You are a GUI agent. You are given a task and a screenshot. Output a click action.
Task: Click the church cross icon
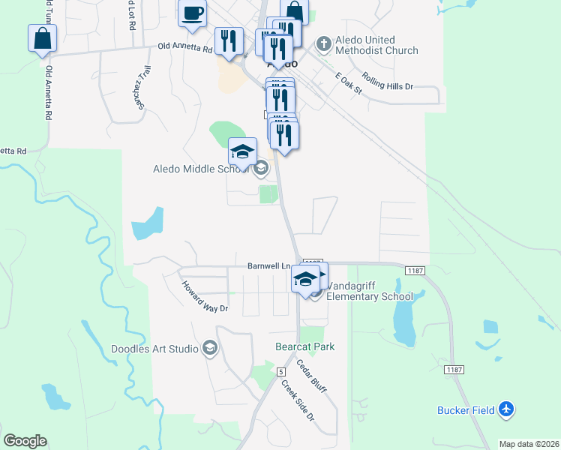(x=324, y=44)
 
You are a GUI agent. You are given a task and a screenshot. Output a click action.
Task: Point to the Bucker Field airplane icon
(x=507, y=409)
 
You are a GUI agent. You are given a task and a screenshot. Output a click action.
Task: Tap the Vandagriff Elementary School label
(x=369, y=291)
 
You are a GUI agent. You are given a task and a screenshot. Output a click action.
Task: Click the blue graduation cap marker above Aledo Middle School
(x=243, y=152)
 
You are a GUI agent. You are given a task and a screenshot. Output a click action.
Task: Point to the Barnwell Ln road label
(x=268, y=266)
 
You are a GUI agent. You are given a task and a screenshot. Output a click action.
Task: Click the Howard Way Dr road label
(x=204, y=297)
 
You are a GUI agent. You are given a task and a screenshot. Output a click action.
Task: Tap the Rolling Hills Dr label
(x=387, y=81)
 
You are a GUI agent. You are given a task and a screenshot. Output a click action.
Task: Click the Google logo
(x=25, y=441)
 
